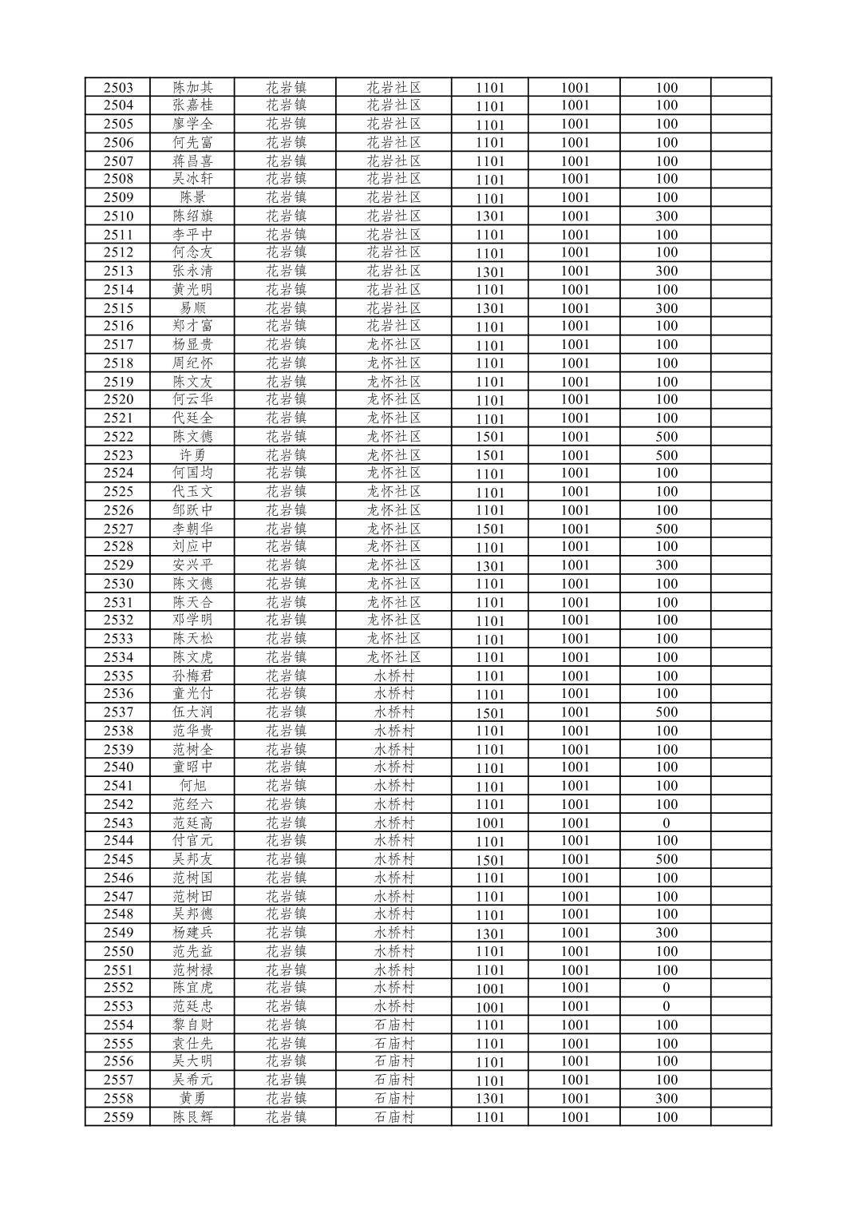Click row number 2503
tap(118, 88)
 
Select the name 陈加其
tap(192, 88)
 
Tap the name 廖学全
tap(192, 124)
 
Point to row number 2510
tap(118, 216)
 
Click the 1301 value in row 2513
tap(490, 272)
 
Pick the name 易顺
tap(192, 308)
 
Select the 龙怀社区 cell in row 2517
tap(393, 345)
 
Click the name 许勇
tap(192, 455)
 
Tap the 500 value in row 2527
tap(666, 529)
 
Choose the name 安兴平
tap(192, 565)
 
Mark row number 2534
tap(118, 657)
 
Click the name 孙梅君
tap(192, 676)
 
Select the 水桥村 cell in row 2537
tap(393, 712)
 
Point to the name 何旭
tap(192, 786)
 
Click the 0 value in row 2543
tap(666, 823)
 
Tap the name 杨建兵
tap(192, 933)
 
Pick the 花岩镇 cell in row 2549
tap(286, 933)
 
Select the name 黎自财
tap(192, 1025)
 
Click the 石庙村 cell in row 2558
tap(393, 1098)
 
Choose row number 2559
tap(118, 1117)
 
